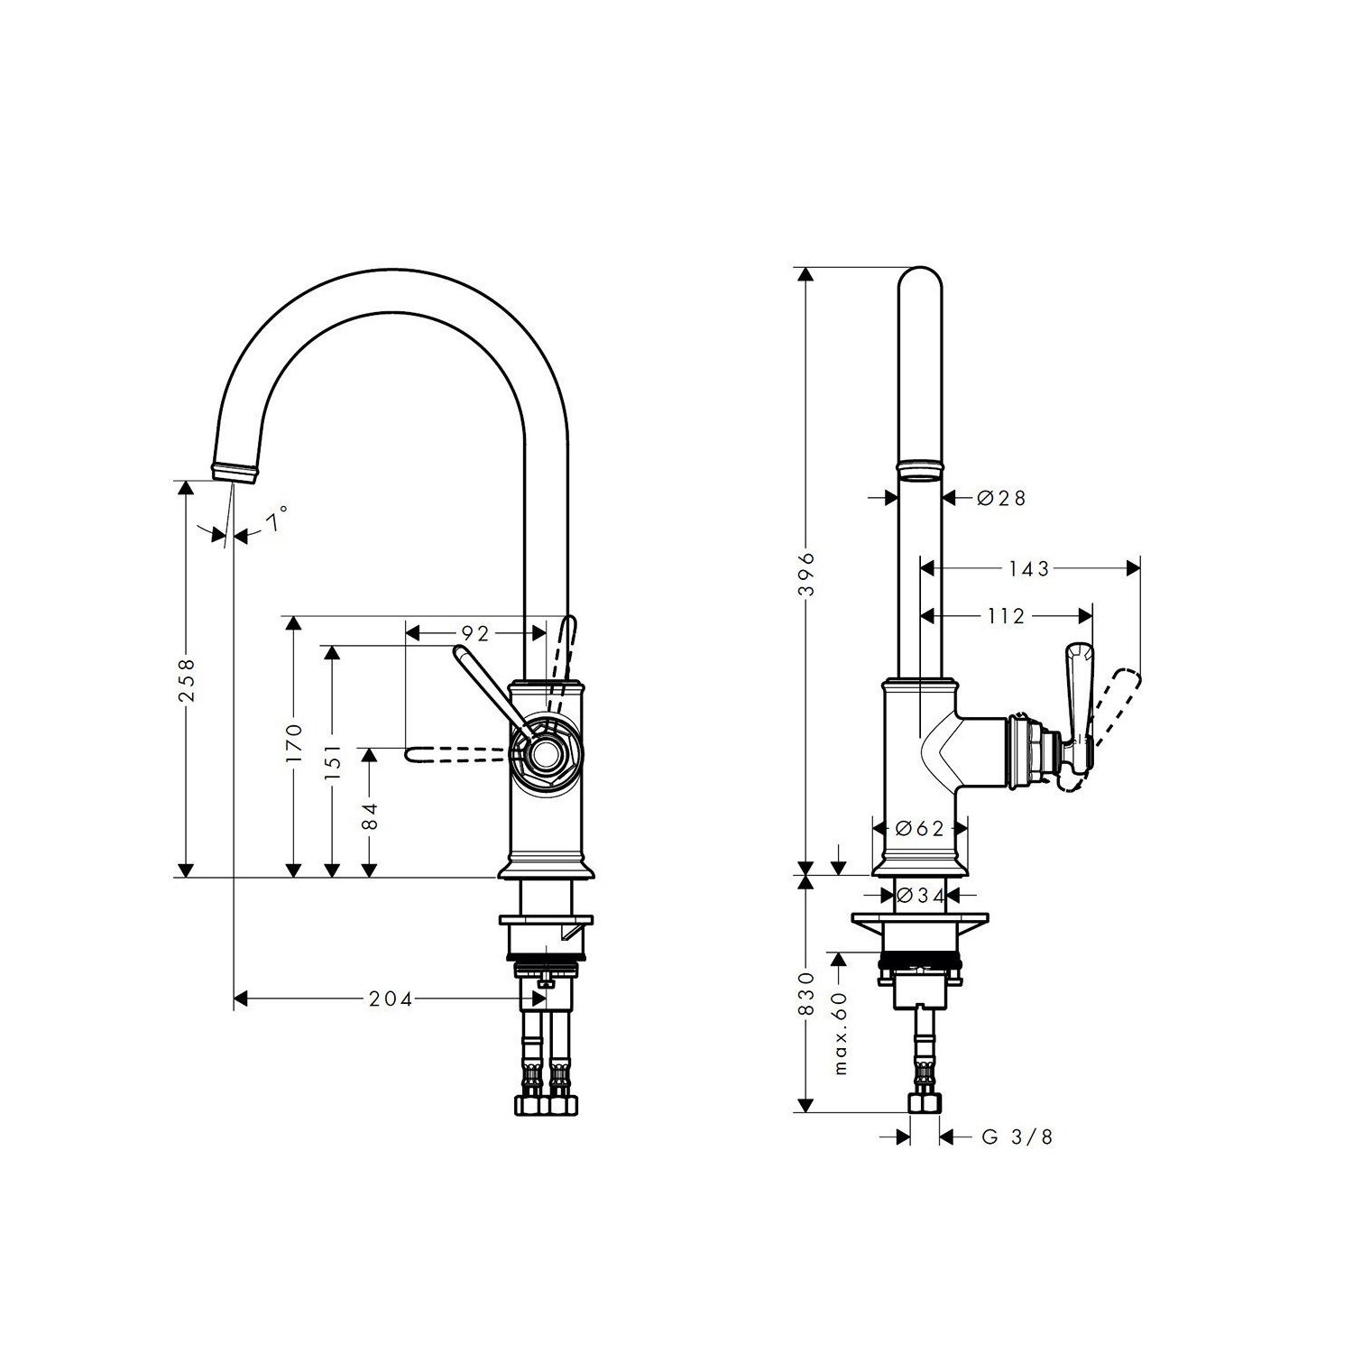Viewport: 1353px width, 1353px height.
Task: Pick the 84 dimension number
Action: pos(369,816)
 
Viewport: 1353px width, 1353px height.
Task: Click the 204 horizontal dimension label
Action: pos(391,999)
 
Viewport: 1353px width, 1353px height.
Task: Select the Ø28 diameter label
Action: pos(1000,497)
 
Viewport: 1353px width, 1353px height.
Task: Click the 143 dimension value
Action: pos(1029,568)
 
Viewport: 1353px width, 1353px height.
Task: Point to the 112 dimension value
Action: pos(1007,616)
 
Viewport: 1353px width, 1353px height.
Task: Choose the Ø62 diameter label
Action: pos(919,828)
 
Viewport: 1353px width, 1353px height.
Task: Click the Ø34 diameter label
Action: pos(919,895)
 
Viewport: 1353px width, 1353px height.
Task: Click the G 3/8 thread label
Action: pos(1017,1137)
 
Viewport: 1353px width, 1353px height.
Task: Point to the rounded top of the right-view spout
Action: pos(922,276)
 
